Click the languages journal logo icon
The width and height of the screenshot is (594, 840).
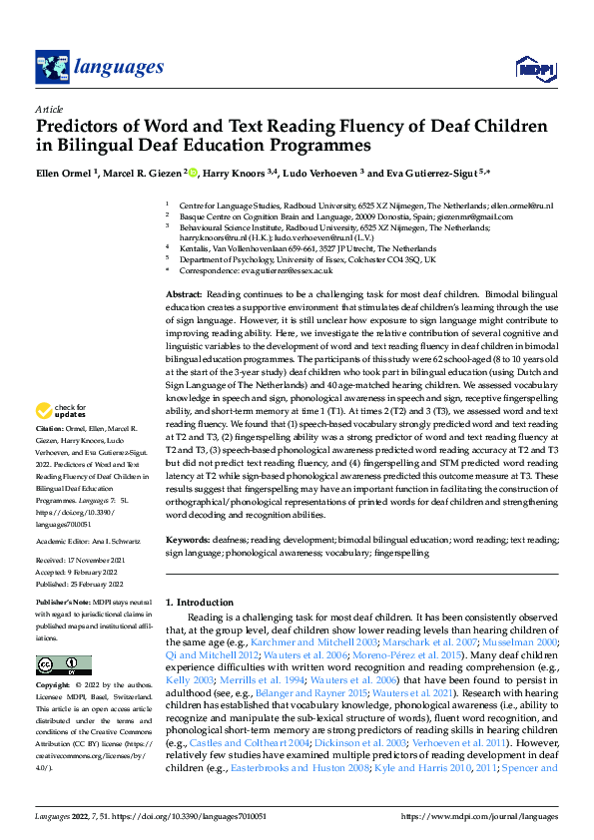pyautogui.click(x=52, y=67)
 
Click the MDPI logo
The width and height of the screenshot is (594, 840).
pyautogui.click(x=532, y=67)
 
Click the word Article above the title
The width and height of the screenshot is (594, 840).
pyautogui.click(x=49, y=109)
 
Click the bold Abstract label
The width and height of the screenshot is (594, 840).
pyautogui.click(x=183, y=297)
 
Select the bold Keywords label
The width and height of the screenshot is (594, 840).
pyautogui.click(x=189, y=539)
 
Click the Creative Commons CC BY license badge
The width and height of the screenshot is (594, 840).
pyautogui.click(x=64, y=666)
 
